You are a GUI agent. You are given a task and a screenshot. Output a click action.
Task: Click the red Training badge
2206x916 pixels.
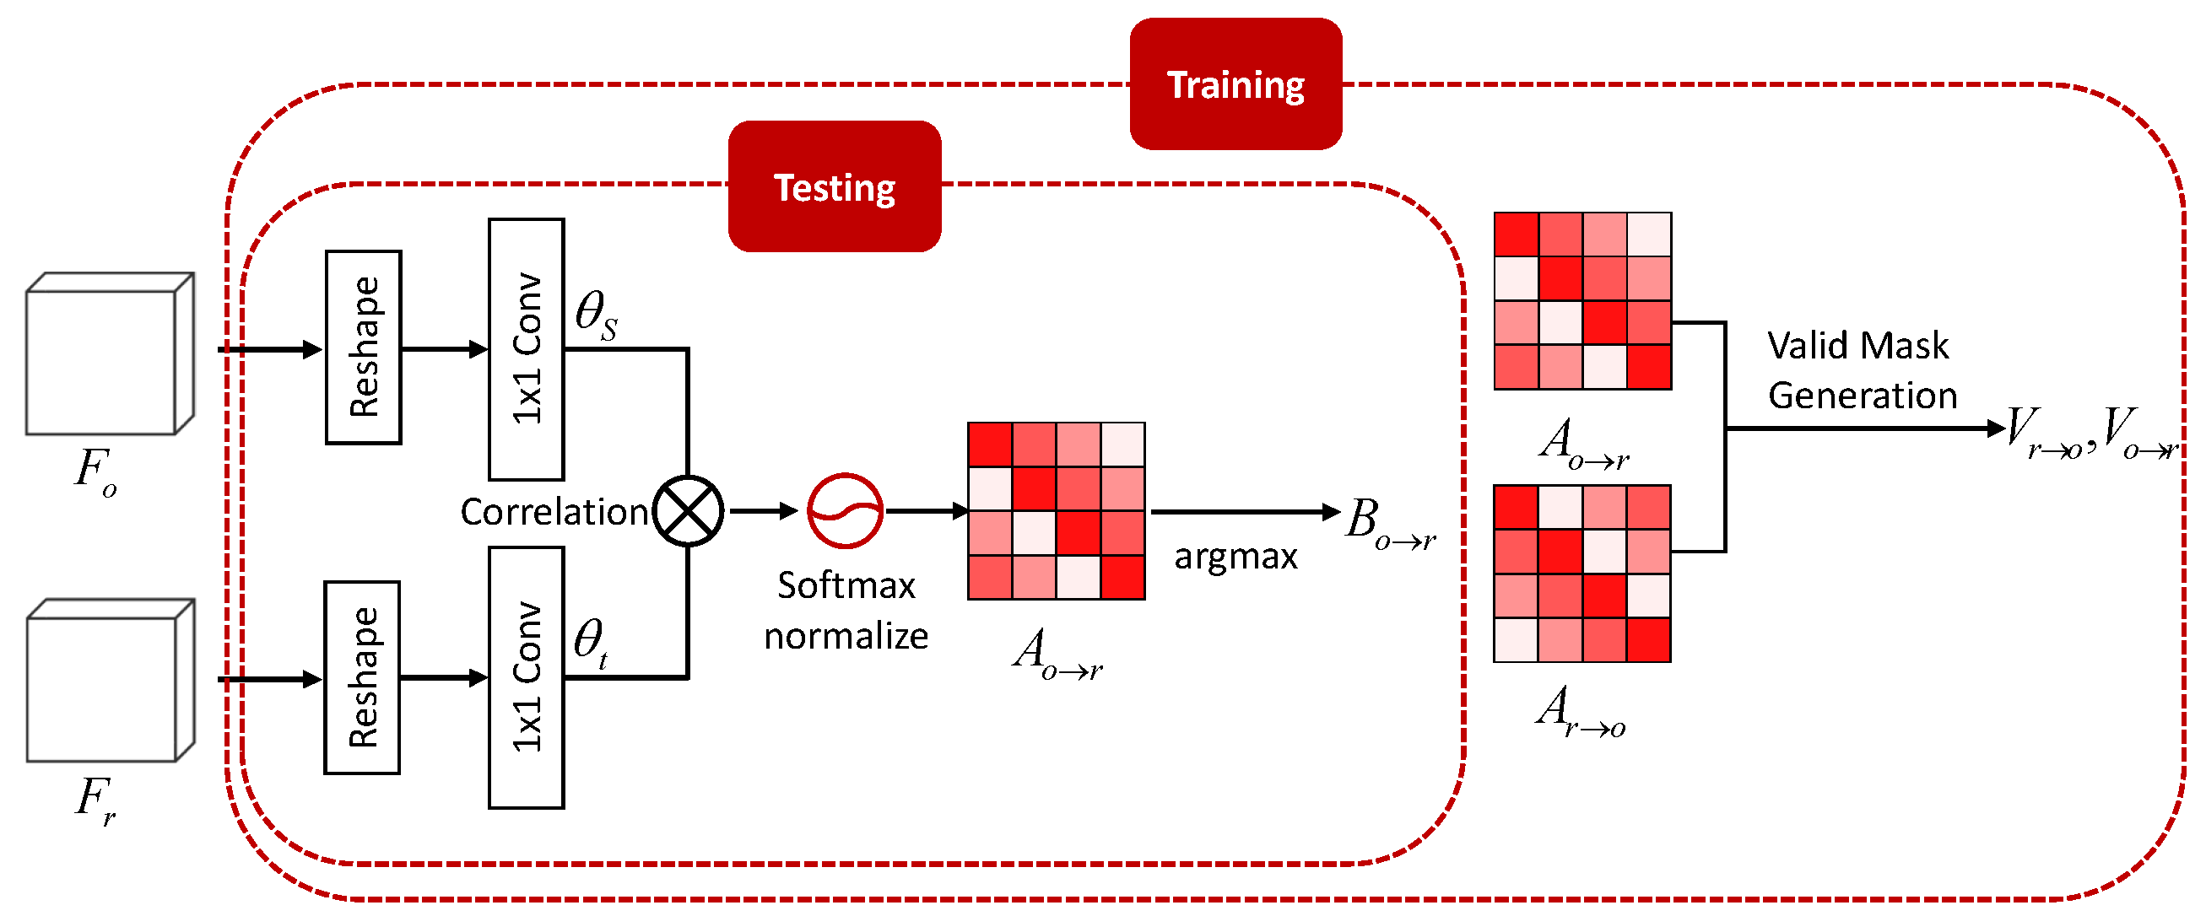(1235, 84)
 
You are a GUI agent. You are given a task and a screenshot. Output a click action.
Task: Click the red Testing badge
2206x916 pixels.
(834, 186)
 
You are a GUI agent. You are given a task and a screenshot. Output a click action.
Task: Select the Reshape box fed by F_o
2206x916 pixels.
(363, 347)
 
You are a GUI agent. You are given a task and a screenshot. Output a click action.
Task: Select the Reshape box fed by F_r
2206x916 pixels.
(361, 677)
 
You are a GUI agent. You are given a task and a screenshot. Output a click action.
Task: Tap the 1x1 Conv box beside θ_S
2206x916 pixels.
(526, 348)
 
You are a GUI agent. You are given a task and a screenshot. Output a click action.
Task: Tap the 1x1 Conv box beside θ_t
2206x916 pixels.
(526, 677)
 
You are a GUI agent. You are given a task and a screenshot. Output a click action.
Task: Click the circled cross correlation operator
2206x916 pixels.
(688, 511)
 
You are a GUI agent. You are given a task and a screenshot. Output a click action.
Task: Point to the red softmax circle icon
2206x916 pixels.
(845, 511)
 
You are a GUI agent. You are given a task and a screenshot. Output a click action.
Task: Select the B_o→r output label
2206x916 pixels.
(1387, 522)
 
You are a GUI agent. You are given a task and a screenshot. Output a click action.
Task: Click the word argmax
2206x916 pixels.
(1235, 557)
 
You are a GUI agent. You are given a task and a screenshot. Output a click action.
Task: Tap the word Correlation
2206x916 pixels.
(554, 512)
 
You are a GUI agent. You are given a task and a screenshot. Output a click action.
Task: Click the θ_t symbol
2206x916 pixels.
(591, 642)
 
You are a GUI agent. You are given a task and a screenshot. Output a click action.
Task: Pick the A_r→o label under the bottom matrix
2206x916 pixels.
(1581, 711)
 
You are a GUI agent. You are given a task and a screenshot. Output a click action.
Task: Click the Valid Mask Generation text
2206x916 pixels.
(1862, 369)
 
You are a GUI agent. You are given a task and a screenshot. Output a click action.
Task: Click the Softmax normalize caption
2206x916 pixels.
(846, 611)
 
